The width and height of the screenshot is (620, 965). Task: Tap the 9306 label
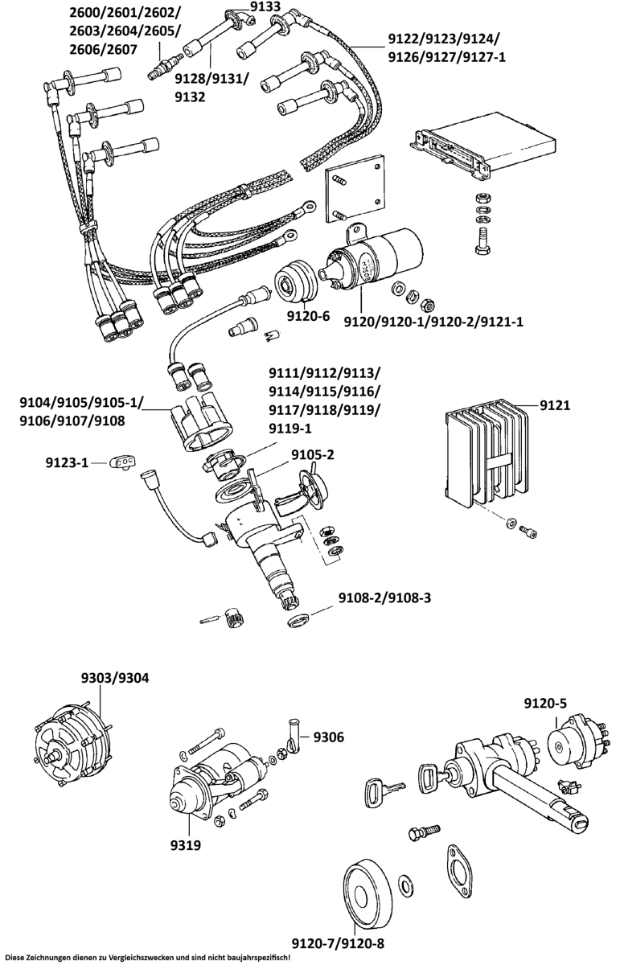click(x=328, y=737)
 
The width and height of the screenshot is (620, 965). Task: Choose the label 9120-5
click(x=545, y=704)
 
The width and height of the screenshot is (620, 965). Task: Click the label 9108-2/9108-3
click(x=384, y=598)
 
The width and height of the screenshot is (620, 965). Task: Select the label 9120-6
click(x=309, y=316)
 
